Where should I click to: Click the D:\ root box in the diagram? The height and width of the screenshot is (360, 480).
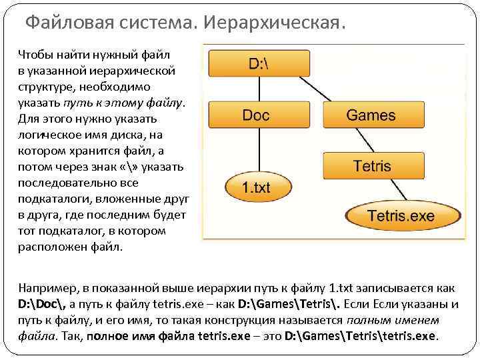point(257,63)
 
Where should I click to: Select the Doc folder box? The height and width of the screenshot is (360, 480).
point(256,115)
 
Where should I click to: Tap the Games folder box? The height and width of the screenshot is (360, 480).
point(371,115)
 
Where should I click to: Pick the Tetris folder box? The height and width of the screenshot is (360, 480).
point(371,165)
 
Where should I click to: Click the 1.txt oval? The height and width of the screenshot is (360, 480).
point(255,187)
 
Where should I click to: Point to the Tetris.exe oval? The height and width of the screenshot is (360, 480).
point(401,215)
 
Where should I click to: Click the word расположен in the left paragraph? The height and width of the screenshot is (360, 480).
point(51,246)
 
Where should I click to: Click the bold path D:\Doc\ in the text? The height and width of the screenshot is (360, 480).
point(44,305)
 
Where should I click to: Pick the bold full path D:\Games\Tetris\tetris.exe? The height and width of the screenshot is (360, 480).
point(361,335)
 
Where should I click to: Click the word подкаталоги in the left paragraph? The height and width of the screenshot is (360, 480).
point(54,198)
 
